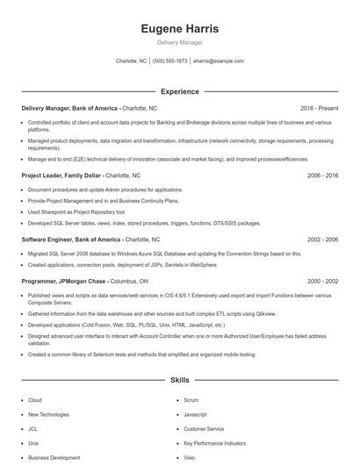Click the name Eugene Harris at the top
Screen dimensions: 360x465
[180, 29]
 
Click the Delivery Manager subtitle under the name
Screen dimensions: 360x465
[180, 42]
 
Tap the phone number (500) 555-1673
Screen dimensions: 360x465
[170, 61]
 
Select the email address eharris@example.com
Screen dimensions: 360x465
[219, 61]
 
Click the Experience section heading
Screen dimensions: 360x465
[180, 91]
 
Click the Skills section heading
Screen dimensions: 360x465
[180, 381]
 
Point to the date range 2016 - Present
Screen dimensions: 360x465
[319, 108]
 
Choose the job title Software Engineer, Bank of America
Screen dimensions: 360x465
[71, 239]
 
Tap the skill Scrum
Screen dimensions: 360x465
[191, 399]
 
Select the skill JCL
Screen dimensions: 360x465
[33, 429]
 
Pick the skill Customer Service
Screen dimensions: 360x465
[204, 429]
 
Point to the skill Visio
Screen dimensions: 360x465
[190, 457]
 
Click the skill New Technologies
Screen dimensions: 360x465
[48, 414]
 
